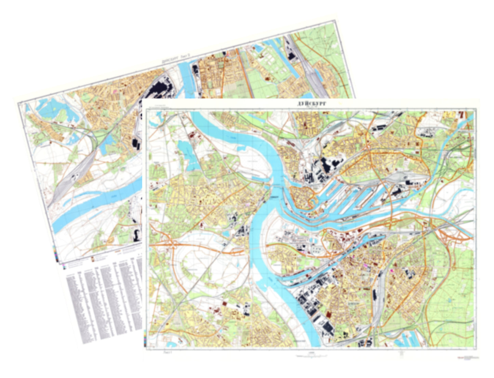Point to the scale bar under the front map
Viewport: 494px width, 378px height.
(311, 356)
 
